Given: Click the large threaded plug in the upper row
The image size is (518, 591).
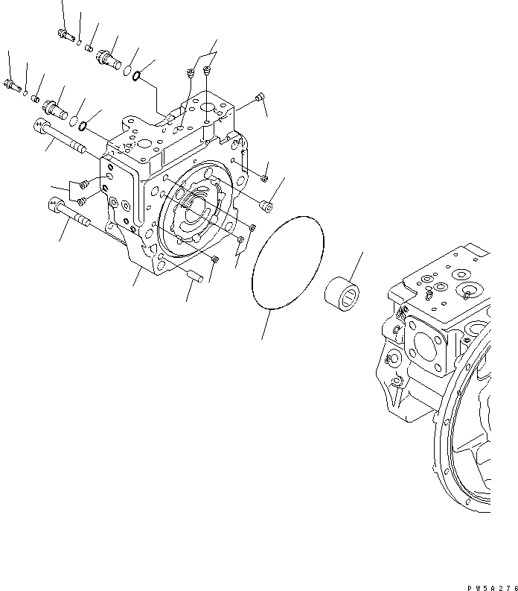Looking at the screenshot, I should tap(109, 57).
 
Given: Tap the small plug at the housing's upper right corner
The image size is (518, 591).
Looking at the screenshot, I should tap(258, 97).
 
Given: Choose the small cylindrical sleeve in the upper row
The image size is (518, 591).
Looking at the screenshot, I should tap(90, 48).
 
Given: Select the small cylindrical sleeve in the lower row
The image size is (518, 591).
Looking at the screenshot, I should tap(35, 97).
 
